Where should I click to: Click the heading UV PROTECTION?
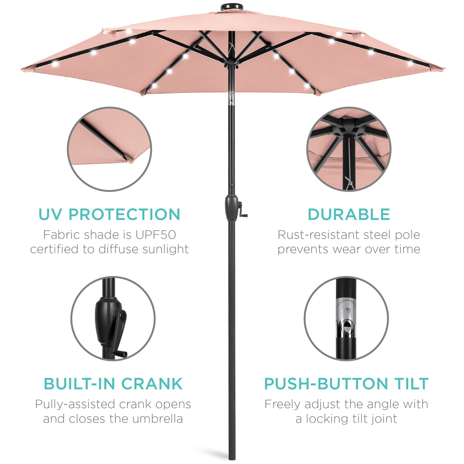coord(109,214)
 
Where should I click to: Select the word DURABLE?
coord(349,214)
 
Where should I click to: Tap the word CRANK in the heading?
coord(152,384)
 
